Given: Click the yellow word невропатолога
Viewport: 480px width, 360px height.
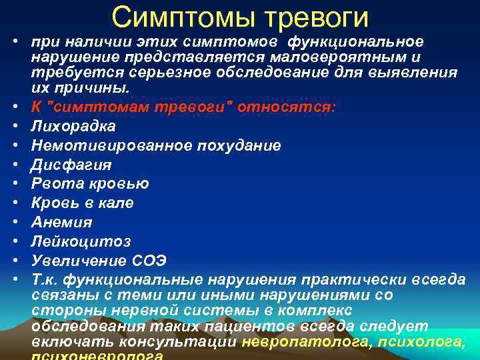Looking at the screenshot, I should [x=307, y=343].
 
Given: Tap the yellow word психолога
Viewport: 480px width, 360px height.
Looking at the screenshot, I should [x=422, y=343].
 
